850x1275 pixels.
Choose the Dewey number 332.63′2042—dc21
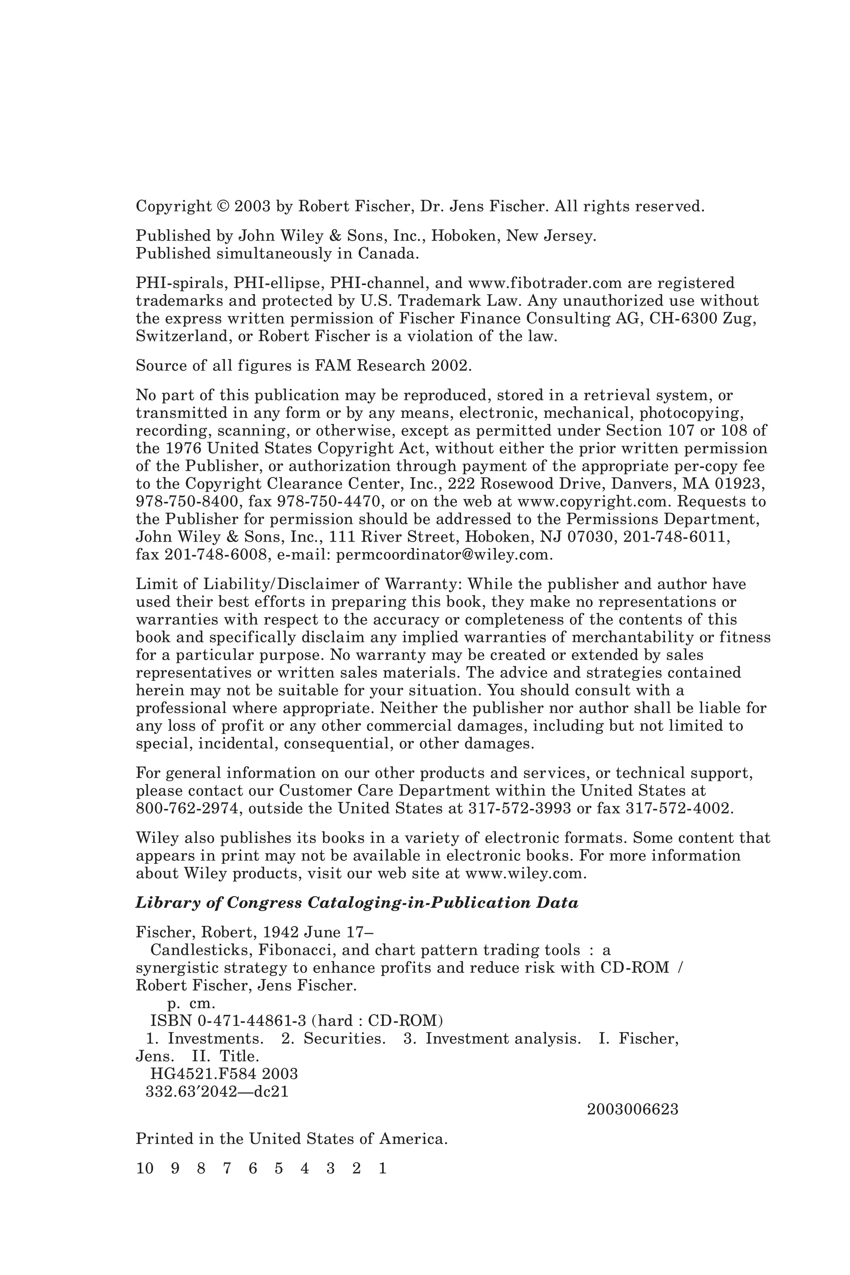pos(217,1091)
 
